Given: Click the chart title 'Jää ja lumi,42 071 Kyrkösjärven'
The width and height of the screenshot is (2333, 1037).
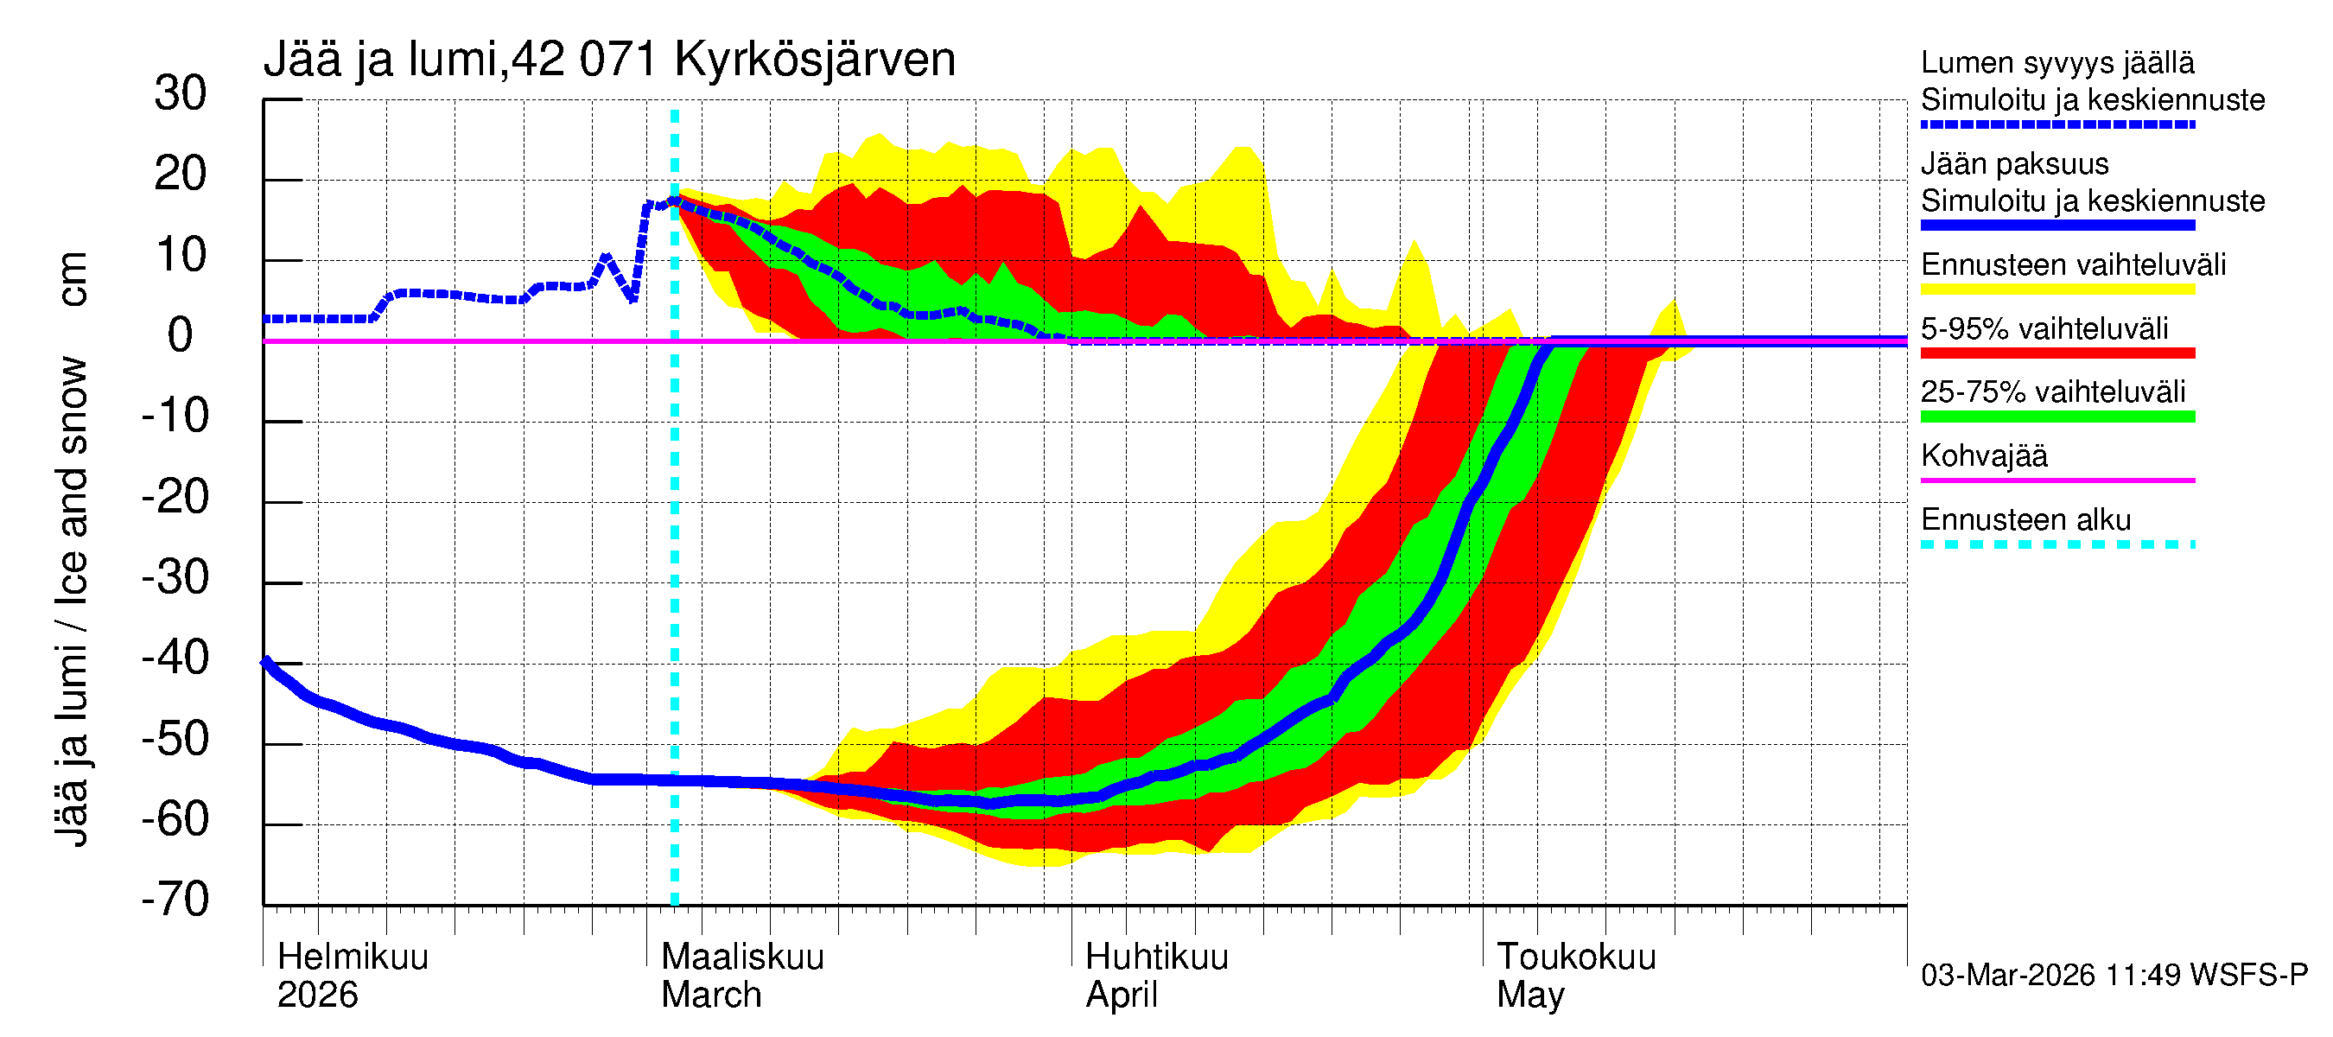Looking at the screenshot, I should [x=608, y=60].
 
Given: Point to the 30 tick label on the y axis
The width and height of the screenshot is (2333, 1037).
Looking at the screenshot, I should [x=181, y=93].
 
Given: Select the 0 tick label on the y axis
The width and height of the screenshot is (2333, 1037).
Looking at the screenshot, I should [x=181, y=335].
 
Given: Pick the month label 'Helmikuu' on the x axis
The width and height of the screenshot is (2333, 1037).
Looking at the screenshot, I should [x=353, y=957].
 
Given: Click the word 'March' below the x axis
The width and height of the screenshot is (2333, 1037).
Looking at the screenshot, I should [x=711, y=995].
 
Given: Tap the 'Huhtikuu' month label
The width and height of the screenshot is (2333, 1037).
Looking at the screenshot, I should [x=1156, y=957].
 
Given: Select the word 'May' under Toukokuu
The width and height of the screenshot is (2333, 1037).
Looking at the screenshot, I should [x=1529, y=995].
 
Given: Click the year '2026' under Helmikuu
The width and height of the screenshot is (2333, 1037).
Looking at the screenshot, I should [x=317, y=995].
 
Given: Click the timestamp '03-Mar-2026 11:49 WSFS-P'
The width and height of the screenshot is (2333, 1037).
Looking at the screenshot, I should [x=2114, y=975].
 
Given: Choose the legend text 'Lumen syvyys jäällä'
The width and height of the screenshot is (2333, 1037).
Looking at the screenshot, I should [x=2057, y=62].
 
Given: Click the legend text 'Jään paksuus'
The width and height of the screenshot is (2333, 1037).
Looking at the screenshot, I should [x=2014, y=164].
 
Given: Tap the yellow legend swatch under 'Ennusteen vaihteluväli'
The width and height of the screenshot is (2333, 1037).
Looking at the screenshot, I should [x=2057, y=289].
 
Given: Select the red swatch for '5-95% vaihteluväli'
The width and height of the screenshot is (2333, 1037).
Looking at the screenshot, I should [x=2057, y=353].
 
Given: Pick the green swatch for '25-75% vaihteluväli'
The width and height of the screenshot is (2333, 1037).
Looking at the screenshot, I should [x=2057, y=417].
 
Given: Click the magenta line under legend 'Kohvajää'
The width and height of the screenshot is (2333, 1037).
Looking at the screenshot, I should [x=2057, y=480].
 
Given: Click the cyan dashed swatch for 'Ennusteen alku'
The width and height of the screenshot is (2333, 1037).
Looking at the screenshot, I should [x=2057, y=544].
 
